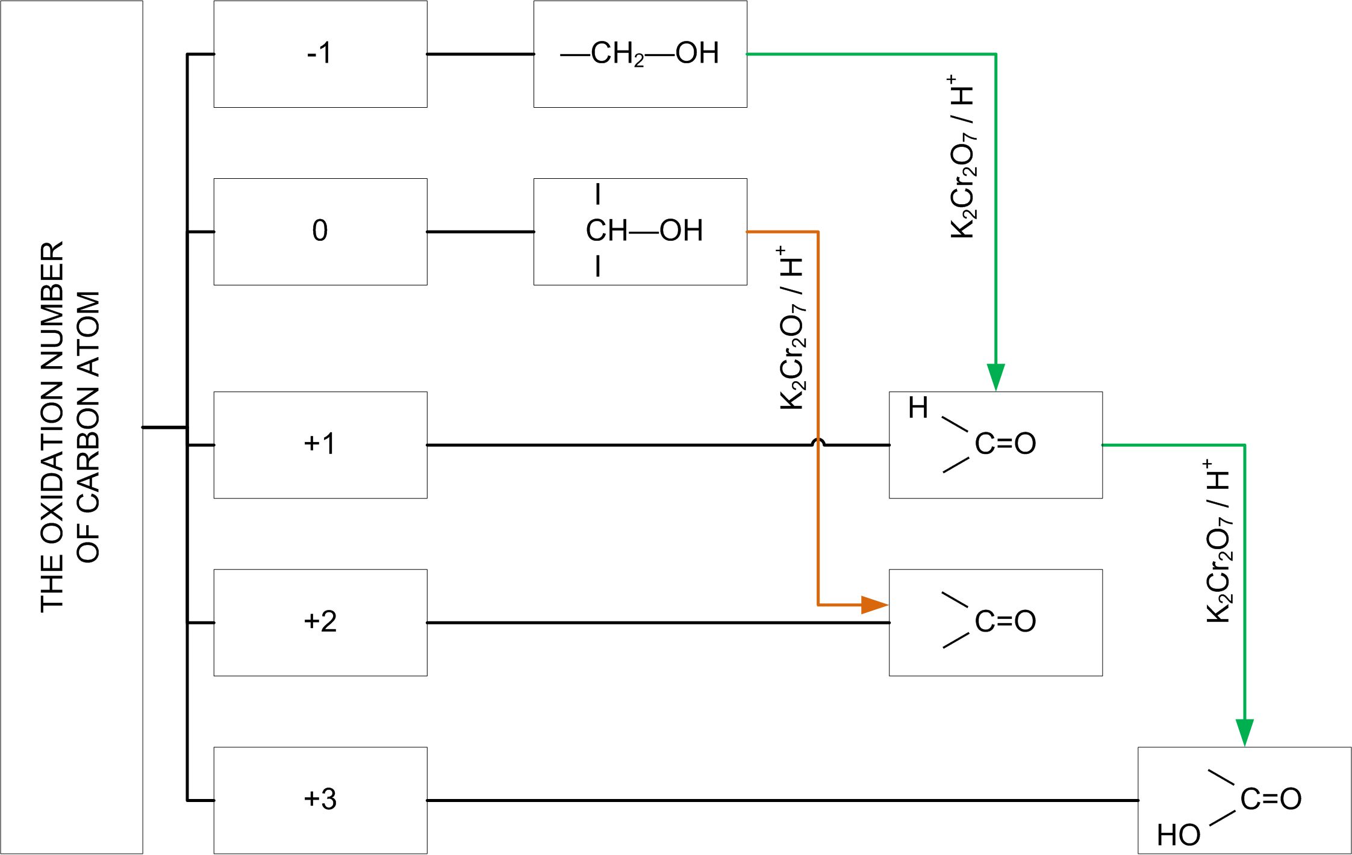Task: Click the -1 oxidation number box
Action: [320, 54]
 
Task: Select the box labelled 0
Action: [320, 231]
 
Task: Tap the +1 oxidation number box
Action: [320, 444]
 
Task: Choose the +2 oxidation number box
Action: [320, 622]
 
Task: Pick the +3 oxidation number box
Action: [320, 800]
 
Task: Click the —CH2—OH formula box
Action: [640, 54]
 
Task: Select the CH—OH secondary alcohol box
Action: [643, 231]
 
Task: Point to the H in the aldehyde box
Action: [918, 408]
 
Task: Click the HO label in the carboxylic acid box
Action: [1178, 835]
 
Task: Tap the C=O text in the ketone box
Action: [1005, 621]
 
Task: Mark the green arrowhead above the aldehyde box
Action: [995, 376]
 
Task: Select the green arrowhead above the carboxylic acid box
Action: [1244, 732]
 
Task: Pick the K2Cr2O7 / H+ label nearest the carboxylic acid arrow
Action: [1218, 541]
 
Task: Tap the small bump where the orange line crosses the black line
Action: [817, 442]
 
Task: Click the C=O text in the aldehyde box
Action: [1005, 444]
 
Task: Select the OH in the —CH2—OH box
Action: [697, 53]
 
